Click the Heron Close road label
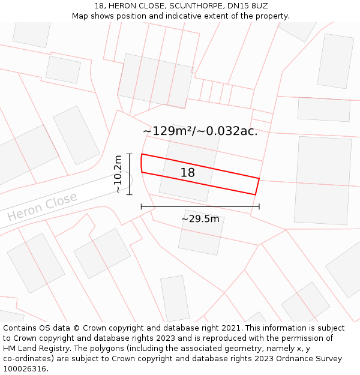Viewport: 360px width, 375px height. pyautogui.click(x=42, y=206)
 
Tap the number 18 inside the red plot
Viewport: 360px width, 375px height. pyautogui.click(x=188, y=173)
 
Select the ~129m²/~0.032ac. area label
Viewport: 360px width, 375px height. pyautogui.click(x=200, y=131)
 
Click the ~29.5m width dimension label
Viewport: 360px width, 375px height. pyautogui.click(x=200, y=219)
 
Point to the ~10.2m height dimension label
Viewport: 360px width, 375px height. pyautogui.click(x=118, y=174)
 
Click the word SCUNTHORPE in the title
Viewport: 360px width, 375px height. pyautogui.click(x=173, y=6)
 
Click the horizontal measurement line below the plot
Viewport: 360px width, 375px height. pyautogui.click(x=200, y=206)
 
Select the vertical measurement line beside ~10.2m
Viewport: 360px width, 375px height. pyautogui.click(x=129, y=174)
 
